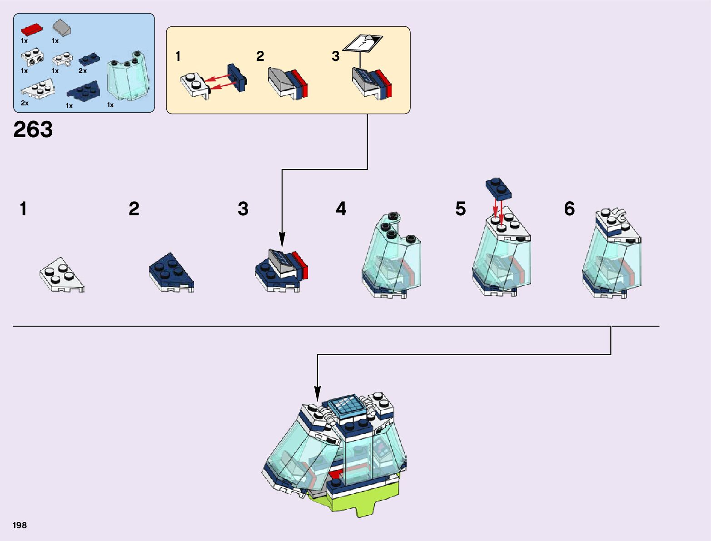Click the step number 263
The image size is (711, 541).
point(33,129)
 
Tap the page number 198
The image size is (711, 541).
point(20,525)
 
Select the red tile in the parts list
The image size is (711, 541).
point(31,30)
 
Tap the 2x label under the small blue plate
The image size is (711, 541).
point(82,71)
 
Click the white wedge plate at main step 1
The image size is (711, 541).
point(61,275)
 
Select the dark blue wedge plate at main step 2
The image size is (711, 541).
point(171,272)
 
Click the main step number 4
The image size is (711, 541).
point(341,209)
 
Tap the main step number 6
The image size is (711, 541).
point(569,209)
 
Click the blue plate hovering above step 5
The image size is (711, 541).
point(498,188)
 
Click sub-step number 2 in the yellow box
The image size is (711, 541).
point(260,56)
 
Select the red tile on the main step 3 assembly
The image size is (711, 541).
point(302,266)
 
